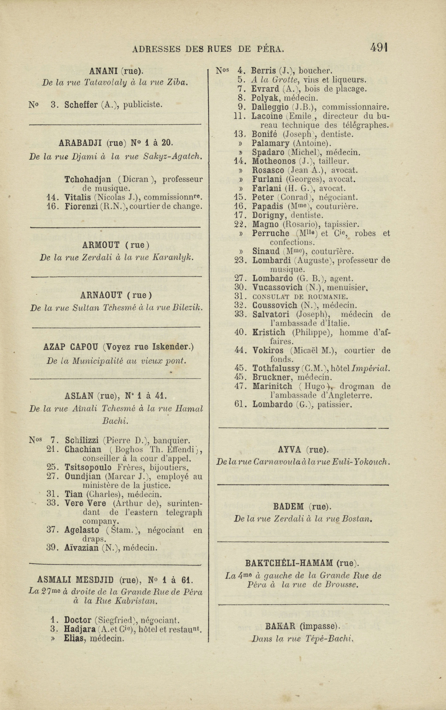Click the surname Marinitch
(272, 386)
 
